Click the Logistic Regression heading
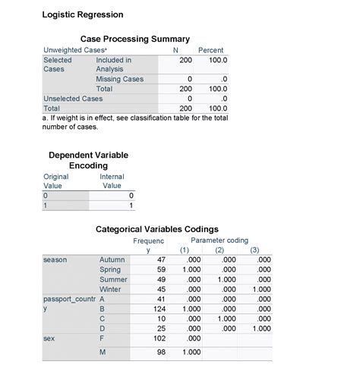pyautogui.click(x=82, y=14)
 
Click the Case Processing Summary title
pyautogui.click(x=134, y=39)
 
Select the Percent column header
pyautogui.click(x=210, y=50)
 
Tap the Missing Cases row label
pyautogui.click(x=119, y=79)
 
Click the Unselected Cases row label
pyautogui.click(x=73, y=99)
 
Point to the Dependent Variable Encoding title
pyautogui.click(x=88, y=160)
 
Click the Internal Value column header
pyautogui.click(x=112, y=181)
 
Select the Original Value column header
pyautogui.click(x=55, y=181)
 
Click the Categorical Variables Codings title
pyautogui.click(x=157, y=229)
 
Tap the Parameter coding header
pyautogui.click(x=219, y=240)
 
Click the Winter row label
pyautogui.click(x=110, y=290)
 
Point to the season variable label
pyautogui.click(x=55, y=260)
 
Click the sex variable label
pyautogui.click(x=50, y=339)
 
